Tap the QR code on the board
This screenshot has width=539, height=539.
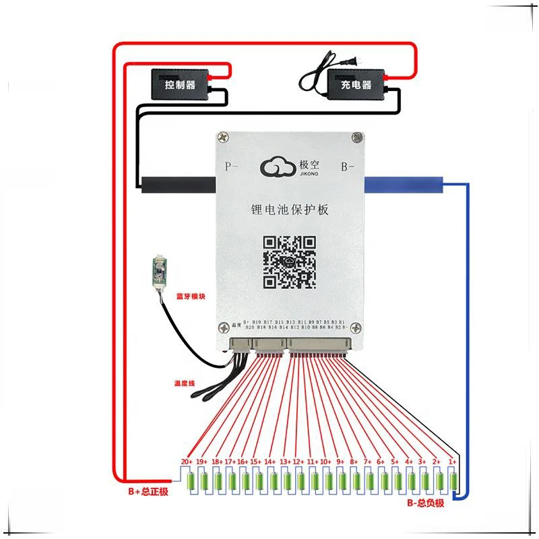(290, 261)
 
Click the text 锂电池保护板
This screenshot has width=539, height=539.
(289, 211)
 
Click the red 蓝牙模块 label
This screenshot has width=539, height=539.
(191, 296)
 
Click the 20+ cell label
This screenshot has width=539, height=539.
(187, 462)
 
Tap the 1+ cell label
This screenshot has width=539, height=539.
(453, 462)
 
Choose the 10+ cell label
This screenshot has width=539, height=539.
(325, 462)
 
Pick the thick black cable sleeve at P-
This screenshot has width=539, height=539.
(177, 183)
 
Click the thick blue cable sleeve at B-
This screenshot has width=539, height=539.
(404, 183)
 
